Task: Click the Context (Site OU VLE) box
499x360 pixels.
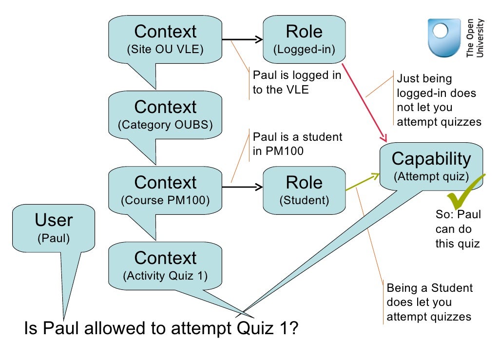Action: click(165, 39)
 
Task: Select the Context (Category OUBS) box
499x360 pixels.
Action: click(165, 114)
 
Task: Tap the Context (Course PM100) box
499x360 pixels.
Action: click(165, 190)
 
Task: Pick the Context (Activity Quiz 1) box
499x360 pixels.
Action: click(165, 265)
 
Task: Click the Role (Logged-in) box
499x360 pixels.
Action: click(304, 39)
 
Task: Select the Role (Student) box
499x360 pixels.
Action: click(304, 190)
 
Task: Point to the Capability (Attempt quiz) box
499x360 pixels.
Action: click(431, 166)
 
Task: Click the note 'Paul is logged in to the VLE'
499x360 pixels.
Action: click(296, 83)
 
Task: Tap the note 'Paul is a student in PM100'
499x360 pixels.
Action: click(297, 144)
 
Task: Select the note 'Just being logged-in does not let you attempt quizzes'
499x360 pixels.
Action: click(439, 100)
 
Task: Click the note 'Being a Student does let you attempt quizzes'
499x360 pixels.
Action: click(429, 302)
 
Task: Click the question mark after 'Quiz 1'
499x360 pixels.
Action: click(292, 328)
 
